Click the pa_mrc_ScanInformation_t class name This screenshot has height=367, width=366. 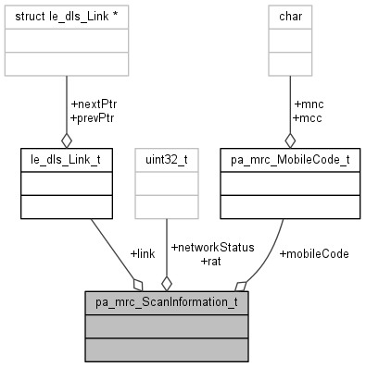coord(166,302)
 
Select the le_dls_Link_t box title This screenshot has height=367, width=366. coord(66,159)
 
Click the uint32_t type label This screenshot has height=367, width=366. coord(166,159)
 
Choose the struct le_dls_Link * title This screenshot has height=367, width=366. coord(66,15)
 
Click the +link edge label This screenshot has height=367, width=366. coord(142,253)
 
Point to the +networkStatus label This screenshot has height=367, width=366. coord(211,248)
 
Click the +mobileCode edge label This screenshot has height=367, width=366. coord(313,253)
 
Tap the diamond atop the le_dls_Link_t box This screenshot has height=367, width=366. coord(66,141)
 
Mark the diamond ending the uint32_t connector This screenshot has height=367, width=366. coord(166,283)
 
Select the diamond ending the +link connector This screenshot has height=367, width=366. coord(139,283)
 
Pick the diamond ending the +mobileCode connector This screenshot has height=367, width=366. coord(240,283)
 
